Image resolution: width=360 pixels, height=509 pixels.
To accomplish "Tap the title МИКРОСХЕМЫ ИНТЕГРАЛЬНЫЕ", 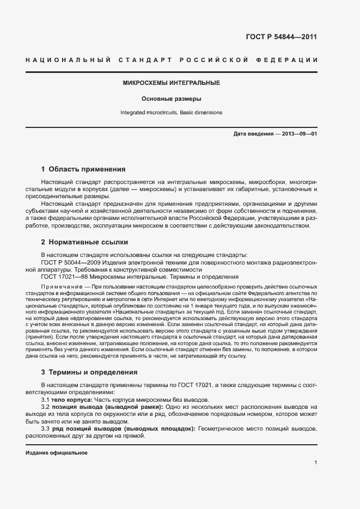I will click(171, 83).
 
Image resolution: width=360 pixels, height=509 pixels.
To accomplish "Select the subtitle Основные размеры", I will click(171, 99).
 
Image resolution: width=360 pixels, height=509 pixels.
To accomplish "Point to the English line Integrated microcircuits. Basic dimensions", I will click(171, 113).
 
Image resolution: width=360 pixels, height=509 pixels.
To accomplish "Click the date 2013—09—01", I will click(300, 134).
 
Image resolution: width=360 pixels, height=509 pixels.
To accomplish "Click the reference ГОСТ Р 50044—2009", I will click(68, 262).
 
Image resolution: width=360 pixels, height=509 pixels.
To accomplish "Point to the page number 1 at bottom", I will click(315, 463).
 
